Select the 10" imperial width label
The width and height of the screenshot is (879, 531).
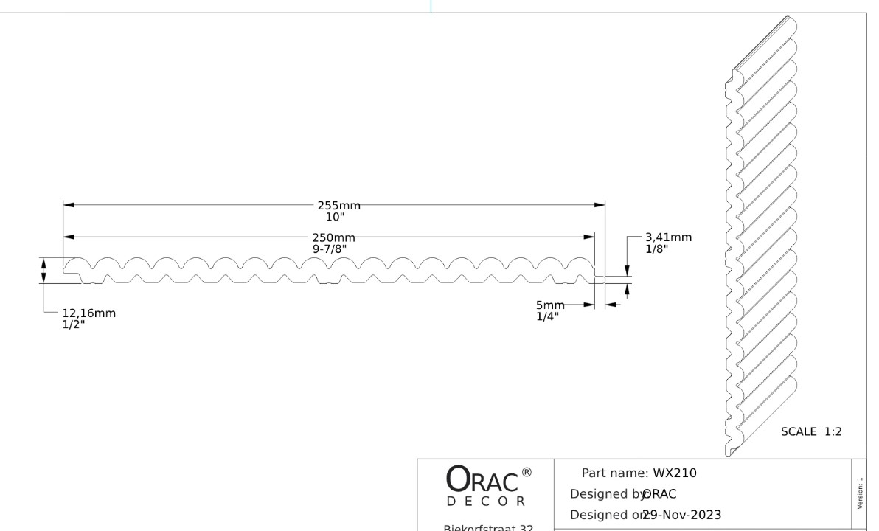click(336, 217)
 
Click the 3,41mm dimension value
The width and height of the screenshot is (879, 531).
click(668, 237)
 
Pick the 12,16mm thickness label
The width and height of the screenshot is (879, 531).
click(88, 313)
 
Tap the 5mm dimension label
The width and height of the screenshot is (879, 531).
click(549, 305)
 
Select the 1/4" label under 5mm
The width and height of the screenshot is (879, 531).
click(547, 316)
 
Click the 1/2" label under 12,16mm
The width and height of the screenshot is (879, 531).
click(74, 324)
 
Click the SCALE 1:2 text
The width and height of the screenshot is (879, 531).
click(811, 432)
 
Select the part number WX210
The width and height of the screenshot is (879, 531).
click(675, 473)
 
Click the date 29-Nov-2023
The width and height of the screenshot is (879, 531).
click(681, 513)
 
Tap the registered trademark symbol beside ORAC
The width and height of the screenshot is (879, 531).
click(526, 472)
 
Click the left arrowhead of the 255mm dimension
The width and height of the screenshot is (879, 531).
click(69, 206)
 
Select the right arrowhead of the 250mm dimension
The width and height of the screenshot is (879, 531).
click(589, 237)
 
